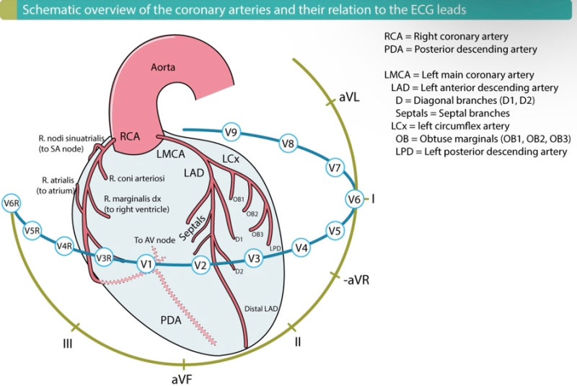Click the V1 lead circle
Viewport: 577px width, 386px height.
[146, 264]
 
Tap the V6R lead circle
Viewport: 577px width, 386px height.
[12, 203]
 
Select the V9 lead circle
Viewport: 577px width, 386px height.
[231, 132]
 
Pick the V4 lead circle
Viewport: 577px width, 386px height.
[301, 247]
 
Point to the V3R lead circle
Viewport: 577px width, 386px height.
[104, 258]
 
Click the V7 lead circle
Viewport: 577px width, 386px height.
[335, 168]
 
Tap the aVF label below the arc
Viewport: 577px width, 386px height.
[182, 379]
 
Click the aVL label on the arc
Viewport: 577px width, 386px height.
[349, 97]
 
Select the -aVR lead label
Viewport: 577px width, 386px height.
[356, 280]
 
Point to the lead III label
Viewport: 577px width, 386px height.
[67, 343]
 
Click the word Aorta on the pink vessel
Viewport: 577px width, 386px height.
[163, 67]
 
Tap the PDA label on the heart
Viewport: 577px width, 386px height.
[171, 320]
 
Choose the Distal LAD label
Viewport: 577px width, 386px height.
[261, 309]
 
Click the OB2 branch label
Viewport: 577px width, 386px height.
[252, 214]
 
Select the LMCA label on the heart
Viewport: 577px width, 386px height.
[171, 154]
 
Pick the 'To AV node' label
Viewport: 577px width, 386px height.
[154, 240]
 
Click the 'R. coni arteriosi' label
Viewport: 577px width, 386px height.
[137, 178]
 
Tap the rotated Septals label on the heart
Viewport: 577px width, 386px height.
[192, 228]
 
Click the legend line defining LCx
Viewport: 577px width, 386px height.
[450, 126]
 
